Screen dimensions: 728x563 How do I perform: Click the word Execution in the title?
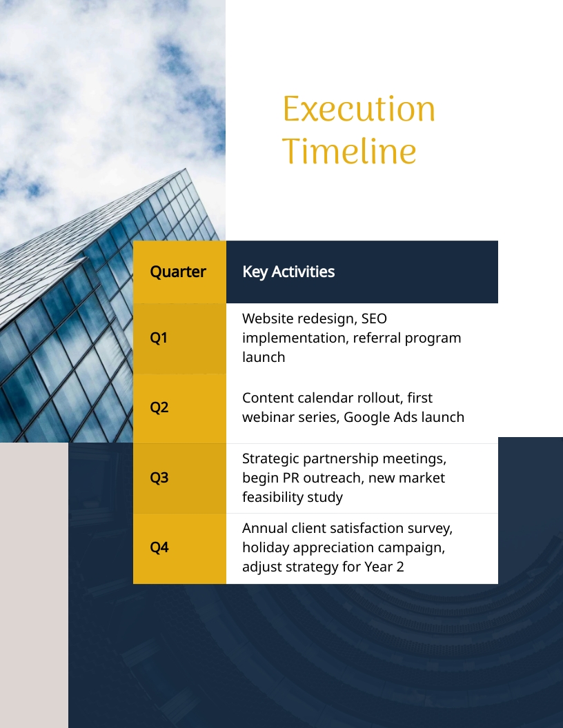click(359, 110)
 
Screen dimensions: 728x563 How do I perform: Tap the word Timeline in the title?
click(350, 152)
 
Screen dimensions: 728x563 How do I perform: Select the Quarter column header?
click(178, 272)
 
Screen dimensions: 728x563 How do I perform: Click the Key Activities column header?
click(288, 272)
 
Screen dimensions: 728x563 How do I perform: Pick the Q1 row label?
click(159, 338)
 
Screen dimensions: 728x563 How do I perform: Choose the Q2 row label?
click(159, 407)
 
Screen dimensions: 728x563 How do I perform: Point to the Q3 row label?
click(159, 478)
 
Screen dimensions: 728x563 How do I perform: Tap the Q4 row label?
click(159, 548)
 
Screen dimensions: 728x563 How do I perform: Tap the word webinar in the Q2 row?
click(269, 417)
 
